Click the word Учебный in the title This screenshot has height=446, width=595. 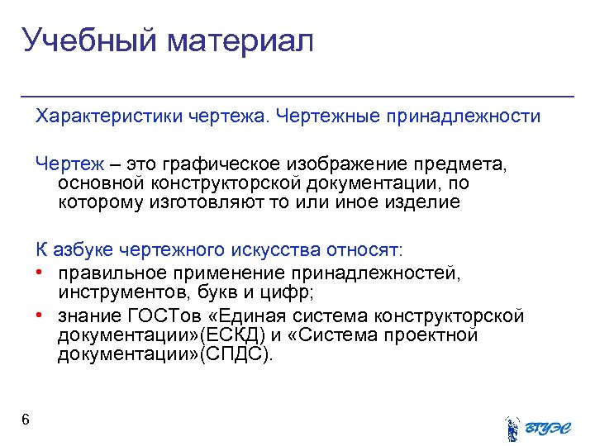[x=90, y=41]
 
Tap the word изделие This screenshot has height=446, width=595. [x=421, y=202]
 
